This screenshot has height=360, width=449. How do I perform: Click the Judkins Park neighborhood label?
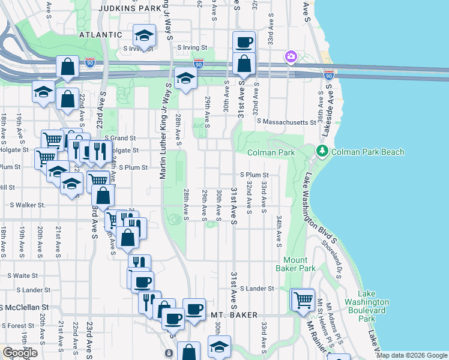tap(129, 8)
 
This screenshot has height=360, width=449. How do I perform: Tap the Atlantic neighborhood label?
tap(101, 35)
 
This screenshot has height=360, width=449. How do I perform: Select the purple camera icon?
tap(291, 56)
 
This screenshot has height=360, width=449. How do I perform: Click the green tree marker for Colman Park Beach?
tap(323, 152)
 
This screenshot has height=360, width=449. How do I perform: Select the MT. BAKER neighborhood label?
tap(234, 314)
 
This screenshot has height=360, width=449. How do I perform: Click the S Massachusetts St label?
tap(286, 122)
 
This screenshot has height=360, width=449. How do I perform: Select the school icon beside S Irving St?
tap(144, 37)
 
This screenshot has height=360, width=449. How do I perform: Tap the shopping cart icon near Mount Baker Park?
tap(303, 298)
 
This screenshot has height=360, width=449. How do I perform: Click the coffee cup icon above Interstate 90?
tap(244, 42)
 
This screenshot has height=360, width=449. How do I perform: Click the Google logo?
tap(20, 353)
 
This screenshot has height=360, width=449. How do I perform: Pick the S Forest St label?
tap(17, 326)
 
